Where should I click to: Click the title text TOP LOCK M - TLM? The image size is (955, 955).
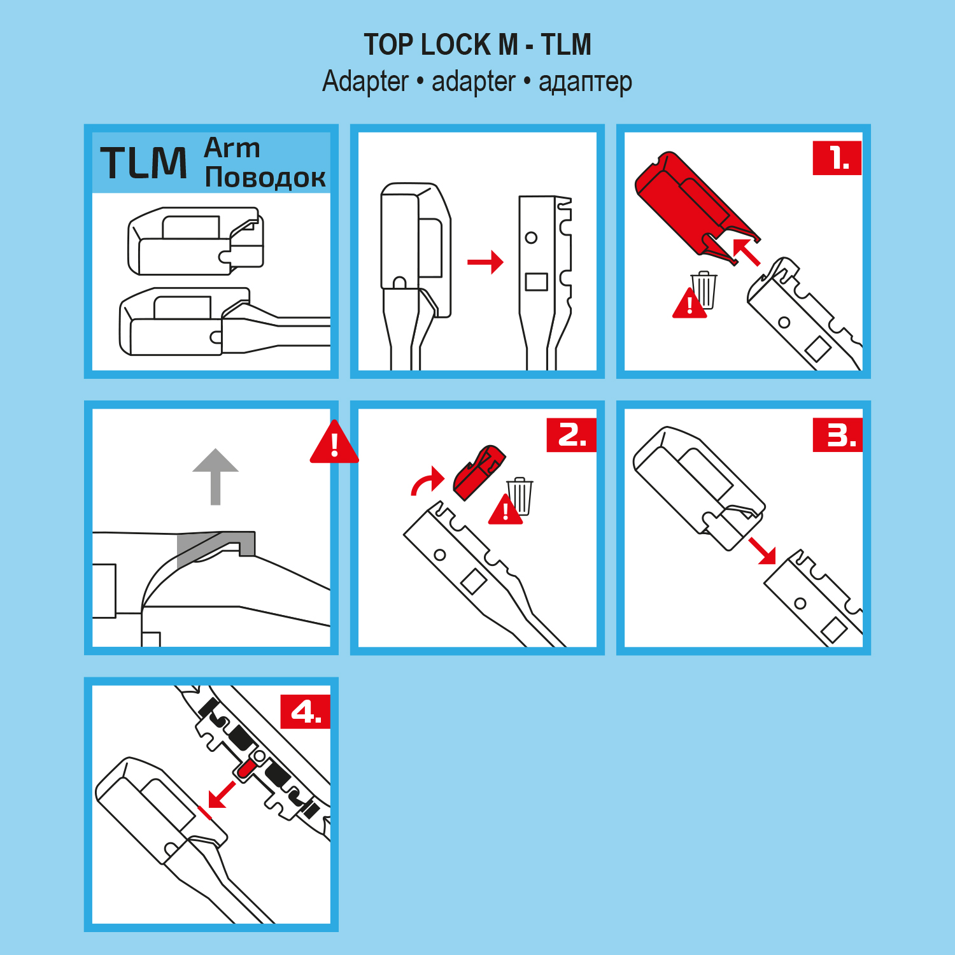pyautogui.click(x=478, y=45)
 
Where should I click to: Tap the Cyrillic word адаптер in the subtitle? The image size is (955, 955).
pyautogui.click(x=585, y=82)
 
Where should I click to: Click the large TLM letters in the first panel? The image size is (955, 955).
pyautogui.click(x=144, y=162)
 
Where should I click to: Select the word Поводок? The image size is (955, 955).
pyautogui.click(x=265, y=177)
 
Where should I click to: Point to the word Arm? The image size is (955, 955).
pyautogui.click(x=232, y=148)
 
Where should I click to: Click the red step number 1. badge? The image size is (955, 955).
pyautogui.click(x=837, y=158)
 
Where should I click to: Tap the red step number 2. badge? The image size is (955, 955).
pyautogui.click(x=571, y=435)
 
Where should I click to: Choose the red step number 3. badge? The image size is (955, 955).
pyautogui.click(x=837, y=435)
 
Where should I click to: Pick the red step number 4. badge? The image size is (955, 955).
pyautogui.click(x=306, y=711)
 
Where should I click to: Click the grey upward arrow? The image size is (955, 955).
pyautogui.click(x=216, y=476)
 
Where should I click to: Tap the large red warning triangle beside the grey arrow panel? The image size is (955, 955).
pyautogui.click(x=334, y=442)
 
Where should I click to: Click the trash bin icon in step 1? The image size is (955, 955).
pyautogui.click(x=704, y=290)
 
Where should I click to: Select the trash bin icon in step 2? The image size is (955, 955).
pyautogui.click(x=520, y=496)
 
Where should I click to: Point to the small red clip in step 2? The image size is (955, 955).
pyautogui.click(x=479, y=472)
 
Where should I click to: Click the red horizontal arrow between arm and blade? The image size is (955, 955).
pyautogui.click(x=485, y=262)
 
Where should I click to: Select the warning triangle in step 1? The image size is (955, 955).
pyautogui.click(x=690, y=304)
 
